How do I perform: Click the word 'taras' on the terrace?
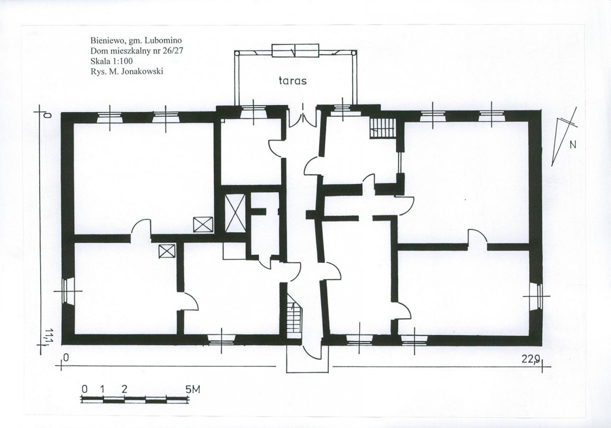(293, 81)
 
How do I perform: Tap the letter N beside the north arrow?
(573, 145)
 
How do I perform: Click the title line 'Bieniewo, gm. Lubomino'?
(136, 40)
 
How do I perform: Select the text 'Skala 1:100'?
(112, 61)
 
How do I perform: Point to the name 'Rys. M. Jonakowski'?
(127, 71)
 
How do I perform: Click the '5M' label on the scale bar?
(193, 389)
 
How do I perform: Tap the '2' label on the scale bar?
(124, 389)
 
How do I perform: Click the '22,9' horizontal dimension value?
(530, 359)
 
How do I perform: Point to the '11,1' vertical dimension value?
(49, 337)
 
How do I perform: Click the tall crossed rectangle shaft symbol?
(235, 212)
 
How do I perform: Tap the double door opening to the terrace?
(303, 115)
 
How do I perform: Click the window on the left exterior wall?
(67, 290)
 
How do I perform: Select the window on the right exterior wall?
(537, 296)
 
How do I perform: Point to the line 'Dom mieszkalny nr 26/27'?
(137, 50)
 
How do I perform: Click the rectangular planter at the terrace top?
(296, 50)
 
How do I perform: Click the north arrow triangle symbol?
(564, 137)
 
